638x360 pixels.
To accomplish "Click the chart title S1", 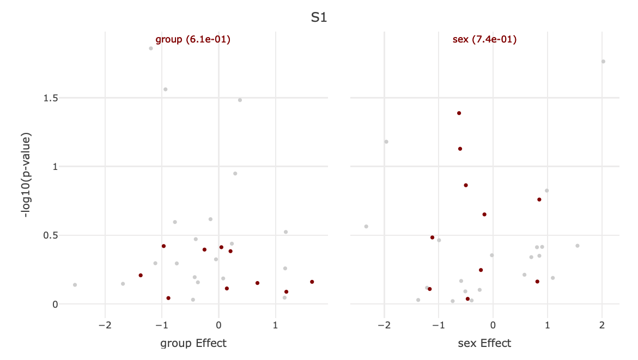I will point(319,17).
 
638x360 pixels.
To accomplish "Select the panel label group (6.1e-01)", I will point(193,39).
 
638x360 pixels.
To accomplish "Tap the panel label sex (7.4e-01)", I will point(484,39).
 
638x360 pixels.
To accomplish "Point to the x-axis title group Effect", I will point(193,343).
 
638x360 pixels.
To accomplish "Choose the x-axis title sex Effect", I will point(484,343).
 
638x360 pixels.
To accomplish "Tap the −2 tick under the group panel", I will point(105,325).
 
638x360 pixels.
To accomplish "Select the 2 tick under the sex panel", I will point(602,325).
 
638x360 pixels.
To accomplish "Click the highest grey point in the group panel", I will point(151,48).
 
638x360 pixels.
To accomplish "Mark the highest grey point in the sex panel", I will point(603,62).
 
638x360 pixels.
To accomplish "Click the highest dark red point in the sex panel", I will point(459,113).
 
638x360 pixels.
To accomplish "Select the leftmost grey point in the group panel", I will point(75,285).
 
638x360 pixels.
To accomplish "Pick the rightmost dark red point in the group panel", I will point(312,282).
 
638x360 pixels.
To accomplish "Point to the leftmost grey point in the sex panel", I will point(366,227).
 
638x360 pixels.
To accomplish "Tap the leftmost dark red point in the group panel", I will point(141,276).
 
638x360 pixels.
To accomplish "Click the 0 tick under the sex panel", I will point(493,325).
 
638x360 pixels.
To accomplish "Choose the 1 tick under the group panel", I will point(275,325).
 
